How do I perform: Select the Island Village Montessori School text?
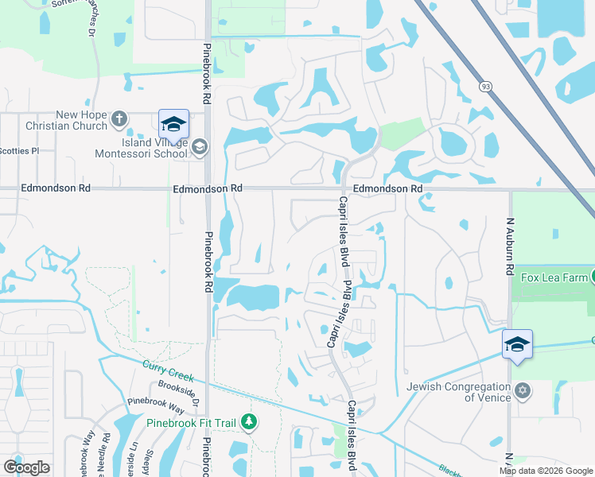point(144,148)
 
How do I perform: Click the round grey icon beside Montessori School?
point(199,146)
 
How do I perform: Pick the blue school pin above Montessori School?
point(173,126)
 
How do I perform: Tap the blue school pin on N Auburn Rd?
point(517,345)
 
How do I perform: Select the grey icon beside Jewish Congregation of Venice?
point(523,390)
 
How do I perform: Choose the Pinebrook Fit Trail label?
point(190,423)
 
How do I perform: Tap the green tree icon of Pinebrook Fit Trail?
point(250,421)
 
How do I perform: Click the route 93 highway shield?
point(484,86)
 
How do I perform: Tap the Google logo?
point(26,467)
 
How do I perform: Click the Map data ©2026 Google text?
point(545,471)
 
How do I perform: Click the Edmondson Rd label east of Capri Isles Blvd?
point(387,188)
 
